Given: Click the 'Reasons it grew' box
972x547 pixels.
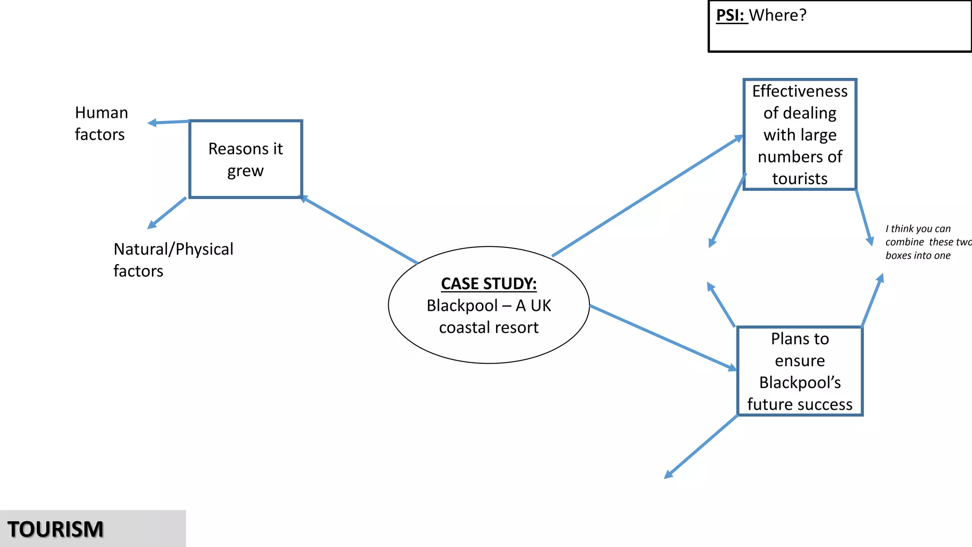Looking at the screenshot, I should point(245,159).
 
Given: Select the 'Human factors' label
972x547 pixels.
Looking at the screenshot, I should point(101,123).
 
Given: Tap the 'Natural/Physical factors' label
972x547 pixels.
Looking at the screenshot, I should point(173,259).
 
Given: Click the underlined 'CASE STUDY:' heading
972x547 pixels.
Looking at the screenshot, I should point(488,283).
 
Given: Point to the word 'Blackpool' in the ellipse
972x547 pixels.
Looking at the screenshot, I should point(462,306).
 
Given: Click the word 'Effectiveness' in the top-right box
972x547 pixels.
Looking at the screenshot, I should point(800,91).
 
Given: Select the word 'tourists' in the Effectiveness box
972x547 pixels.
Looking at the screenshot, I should point(800,179).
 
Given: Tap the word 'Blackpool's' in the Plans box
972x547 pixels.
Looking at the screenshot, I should point(800,382).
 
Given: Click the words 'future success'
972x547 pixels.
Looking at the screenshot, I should point(800,404).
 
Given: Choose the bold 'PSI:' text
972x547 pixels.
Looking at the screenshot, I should point(730,15).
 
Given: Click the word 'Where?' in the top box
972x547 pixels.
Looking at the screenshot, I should point(777,15).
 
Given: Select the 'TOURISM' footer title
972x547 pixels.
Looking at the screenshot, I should point(56,529).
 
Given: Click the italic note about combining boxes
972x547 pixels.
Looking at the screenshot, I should point(925,242).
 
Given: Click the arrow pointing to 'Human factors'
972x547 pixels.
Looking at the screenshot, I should point(169,123).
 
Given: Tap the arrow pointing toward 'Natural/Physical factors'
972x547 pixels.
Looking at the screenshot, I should point(167,213).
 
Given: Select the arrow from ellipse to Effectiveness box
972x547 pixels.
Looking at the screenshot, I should point(648,196).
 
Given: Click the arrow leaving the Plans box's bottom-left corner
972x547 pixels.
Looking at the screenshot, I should point(701,446).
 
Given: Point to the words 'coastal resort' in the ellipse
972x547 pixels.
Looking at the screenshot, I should point(488,328).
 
